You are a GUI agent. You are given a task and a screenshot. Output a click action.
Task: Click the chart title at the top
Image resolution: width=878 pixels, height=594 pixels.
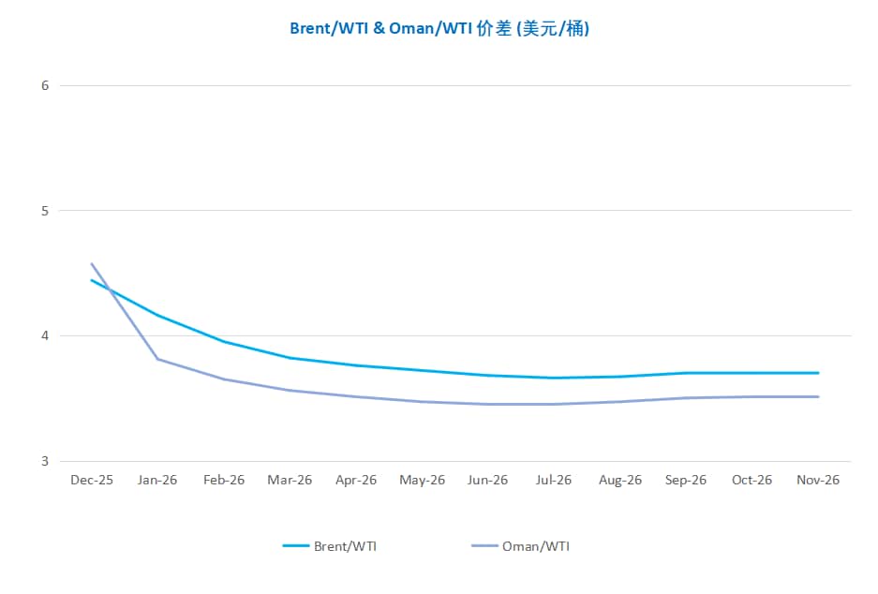coord(439,28)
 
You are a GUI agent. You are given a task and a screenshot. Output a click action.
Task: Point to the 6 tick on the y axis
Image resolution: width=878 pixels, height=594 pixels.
coord(44,85)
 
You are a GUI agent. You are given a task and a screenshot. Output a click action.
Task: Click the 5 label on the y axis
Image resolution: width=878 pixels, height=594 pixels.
coord(44,211)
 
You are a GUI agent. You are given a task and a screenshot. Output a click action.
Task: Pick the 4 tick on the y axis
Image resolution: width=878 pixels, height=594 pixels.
coord(44,335)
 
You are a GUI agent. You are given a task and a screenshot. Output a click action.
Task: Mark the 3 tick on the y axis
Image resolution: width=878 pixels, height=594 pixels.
coord(44,461)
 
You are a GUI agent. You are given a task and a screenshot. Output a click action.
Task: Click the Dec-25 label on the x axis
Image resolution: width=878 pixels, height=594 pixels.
coord(92,480)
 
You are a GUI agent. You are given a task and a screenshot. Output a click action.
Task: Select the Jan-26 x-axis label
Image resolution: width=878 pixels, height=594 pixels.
coord(157,480)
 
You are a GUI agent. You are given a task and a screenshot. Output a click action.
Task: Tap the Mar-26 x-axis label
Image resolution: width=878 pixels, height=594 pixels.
coord(290,480)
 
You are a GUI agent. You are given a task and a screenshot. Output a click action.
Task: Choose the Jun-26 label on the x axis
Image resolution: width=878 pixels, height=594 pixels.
coord(487,480)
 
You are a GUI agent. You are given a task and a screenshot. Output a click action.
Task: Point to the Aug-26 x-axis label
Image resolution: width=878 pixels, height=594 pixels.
coord(620,480)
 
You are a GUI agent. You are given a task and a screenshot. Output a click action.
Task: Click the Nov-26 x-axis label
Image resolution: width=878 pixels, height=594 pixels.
coord(818,480)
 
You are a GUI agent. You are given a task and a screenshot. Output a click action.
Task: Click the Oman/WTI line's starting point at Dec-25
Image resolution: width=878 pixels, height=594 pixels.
coord(92,264)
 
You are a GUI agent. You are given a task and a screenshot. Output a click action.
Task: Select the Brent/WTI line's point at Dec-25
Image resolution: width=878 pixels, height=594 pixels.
coord(92,280)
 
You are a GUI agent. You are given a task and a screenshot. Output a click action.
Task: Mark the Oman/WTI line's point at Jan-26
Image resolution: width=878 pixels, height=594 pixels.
coord(157,359)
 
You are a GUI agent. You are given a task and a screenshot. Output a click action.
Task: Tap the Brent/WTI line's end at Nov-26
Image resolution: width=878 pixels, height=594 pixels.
coord(818,373)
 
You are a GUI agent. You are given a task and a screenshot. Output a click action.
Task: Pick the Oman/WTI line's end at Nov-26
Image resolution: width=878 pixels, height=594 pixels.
coord(818,396)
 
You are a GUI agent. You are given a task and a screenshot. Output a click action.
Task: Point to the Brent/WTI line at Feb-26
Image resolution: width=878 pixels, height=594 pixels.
coord(224,341)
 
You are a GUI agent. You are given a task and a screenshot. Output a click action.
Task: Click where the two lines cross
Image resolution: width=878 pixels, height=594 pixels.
coord(109,290)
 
